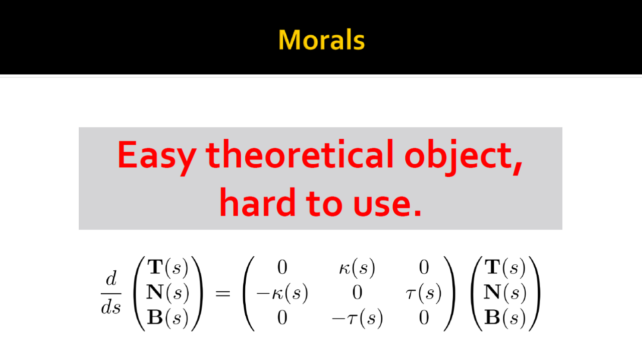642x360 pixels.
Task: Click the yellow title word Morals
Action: point(322,40)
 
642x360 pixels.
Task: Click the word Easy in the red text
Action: point(157,157)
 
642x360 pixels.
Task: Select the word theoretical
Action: point(300,154)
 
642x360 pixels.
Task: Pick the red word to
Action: point(324,203)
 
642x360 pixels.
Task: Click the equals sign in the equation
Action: point(223,293)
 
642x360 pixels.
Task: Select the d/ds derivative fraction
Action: point(111,293)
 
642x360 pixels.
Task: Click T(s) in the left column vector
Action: point(168,267)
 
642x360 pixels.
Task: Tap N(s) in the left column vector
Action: point(168,293)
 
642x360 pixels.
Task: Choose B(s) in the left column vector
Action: point(168,317)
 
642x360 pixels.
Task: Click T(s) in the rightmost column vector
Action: point(505,267)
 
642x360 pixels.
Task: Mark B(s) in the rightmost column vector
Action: point(505,317)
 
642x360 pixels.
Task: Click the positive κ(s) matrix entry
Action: point(357,268)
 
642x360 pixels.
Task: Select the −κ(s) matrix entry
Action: point(282,293)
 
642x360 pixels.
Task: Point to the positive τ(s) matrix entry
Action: point(424,293)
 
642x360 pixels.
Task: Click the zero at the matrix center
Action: point(357,293)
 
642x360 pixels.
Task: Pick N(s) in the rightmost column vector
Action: point(505,293)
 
